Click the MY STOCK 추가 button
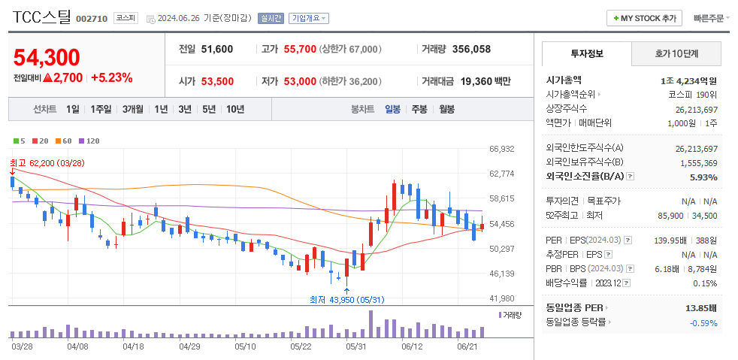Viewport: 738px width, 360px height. point(644,18)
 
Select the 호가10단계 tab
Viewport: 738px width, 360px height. point(676,54)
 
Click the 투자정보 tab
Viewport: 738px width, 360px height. point(586,54)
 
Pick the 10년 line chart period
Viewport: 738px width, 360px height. point(234,109)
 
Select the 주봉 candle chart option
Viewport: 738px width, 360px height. point(419,109)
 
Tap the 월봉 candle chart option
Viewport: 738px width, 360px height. point(446,109)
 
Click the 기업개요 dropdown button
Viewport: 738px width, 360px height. point(308,18)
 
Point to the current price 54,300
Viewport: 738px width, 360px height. point(47,57)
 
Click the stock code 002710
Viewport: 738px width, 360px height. point(92,18)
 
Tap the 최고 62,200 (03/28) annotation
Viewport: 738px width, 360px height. point(47,162)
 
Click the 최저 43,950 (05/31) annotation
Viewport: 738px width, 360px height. point(346,299)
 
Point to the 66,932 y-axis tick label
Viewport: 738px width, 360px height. point(501,149)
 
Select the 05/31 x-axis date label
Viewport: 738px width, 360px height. point(355,346)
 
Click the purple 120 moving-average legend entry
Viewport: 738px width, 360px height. point(89,141)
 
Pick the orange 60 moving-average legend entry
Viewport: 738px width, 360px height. point(64,141)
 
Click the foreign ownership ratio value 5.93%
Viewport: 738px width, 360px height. point(703,177)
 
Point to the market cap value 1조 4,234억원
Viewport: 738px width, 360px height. point(689,80)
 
